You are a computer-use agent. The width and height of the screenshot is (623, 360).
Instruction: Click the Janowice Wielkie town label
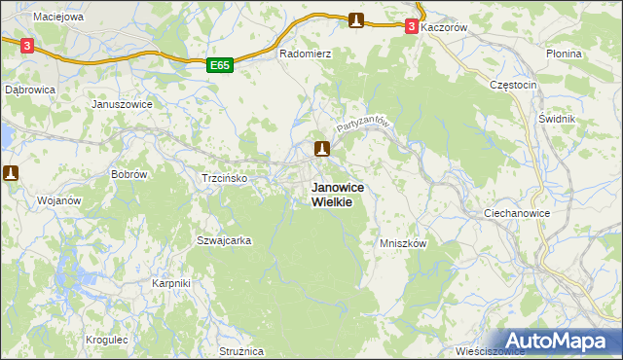[x=331, y=194]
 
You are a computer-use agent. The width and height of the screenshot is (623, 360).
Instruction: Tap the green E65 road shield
[x=220, y=65]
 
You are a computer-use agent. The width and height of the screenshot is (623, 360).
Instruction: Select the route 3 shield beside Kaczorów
[x=413, y=27]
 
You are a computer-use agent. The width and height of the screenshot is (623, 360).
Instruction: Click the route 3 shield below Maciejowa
[x=26, y=45]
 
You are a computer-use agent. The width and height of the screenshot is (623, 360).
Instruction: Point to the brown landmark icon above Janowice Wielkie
[x=322, y=149]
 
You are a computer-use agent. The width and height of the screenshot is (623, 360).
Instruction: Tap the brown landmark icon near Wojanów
[x=11, y=173]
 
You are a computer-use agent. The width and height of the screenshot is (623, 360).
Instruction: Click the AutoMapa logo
[x=557, y=341]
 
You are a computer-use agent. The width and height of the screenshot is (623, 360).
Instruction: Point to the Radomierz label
[x=306, y=54]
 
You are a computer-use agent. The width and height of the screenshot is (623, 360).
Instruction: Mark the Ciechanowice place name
[x=517, y=212]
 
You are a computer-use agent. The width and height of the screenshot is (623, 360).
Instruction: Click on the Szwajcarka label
[x=225, y=240]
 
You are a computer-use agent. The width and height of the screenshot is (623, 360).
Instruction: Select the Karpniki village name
[x=171, y=283]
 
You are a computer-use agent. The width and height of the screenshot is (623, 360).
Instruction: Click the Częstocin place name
[x=513, y=85]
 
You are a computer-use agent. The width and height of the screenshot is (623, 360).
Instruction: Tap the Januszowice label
[x=119, y=104]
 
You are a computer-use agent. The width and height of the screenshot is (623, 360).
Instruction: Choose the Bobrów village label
[x=128, y=174]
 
